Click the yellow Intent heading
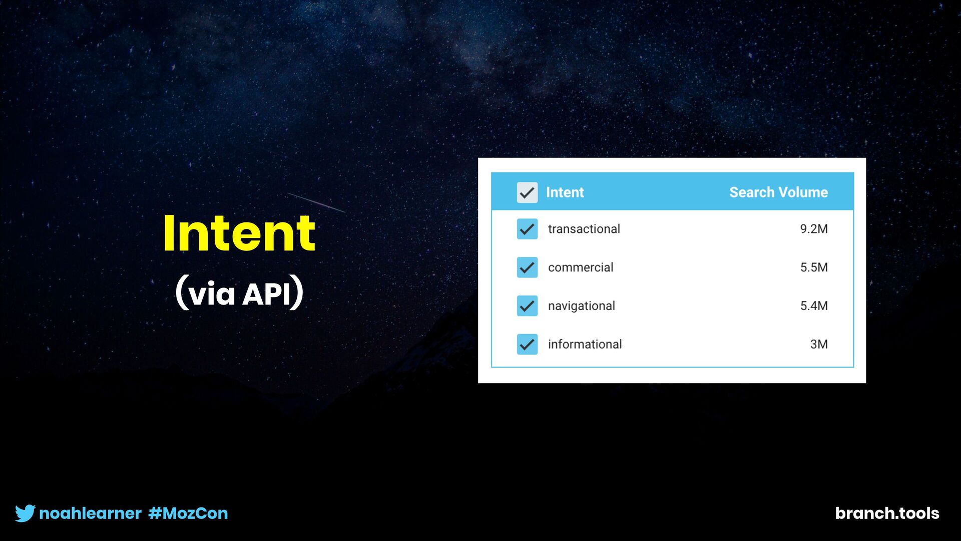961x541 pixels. pos(239,233)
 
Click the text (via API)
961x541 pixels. pos(239,293)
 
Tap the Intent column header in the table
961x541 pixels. pos(565,192)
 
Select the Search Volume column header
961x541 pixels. pos(778,192)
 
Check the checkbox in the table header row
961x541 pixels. pos(527,192)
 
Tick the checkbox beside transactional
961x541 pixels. pos(527,229)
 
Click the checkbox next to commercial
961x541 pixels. pos(527,267)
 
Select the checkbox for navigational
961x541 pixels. pos(527,306)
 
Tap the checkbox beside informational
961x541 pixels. pos(527,344)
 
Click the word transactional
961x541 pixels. pos(584,229)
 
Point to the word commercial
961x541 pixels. pos(581,267)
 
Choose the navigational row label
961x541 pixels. pos(581,306)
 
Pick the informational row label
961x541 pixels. pos(585,344)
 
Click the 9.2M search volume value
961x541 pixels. pos(814,229)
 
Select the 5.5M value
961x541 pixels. pos(814,267)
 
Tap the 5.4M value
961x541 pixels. pos(814,306)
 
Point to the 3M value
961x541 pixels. pos(819,344)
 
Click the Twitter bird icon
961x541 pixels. pos(25,513)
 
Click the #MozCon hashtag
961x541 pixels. pos(188,513)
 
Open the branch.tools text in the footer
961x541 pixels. pos(887,513)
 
